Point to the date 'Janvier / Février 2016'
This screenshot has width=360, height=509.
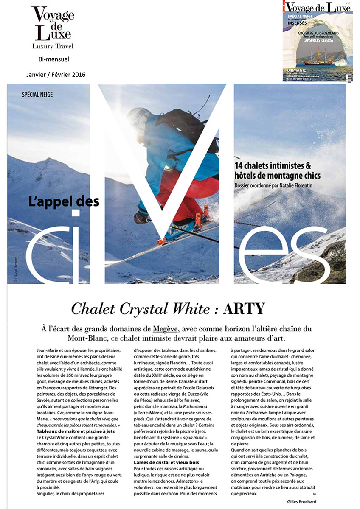[x=56, y=74]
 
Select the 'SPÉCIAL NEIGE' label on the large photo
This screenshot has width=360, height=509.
[x=37, y=94]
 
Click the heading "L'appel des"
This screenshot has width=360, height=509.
[x=64, y=200]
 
